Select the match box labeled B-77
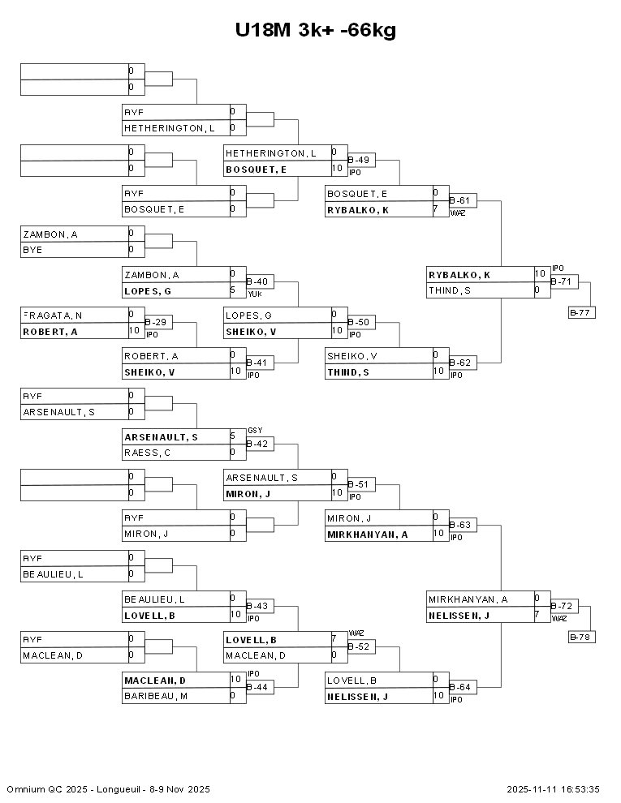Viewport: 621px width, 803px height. [582, 312]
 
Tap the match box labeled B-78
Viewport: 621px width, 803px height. [582, 637]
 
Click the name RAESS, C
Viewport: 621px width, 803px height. [144, 453]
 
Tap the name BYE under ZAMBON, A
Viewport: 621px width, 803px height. [32, 250]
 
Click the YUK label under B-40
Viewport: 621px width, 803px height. [254, 294]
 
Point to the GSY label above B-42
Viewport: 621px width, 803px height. [254, 431]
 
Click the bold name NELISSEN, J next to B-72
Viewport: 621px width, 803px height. [459, 615]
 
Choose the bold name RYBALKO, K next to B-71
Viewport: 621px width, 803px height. [459, 274]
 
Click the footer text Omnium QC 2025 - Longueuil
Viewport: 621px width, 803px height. [108, 789]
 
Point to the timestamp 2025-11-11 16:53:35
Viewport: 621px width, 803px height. [553, 789]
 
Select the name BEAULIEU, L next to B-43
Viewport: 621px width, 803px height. [154, 599]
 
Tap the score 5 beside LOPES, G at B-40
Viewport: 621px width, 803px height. [233, 290]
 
